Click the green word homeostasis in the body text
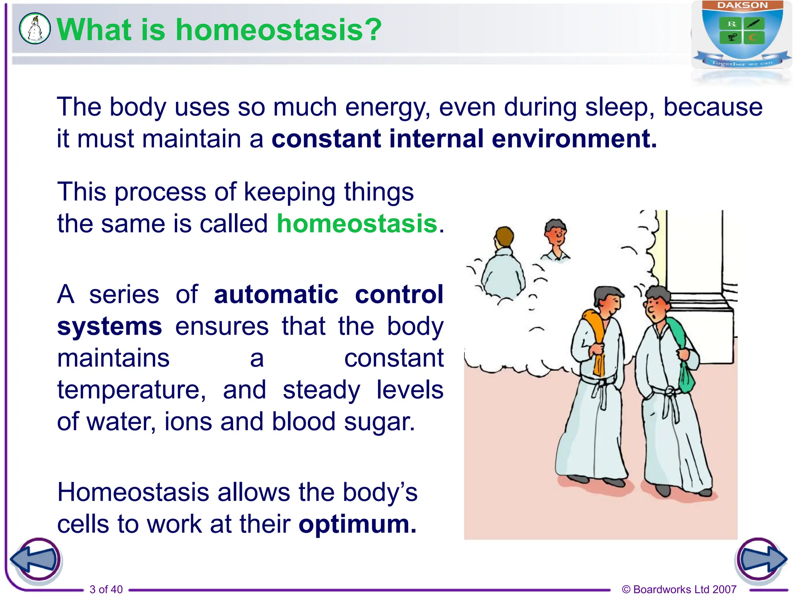coord(357,224)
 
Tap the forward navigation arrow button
coord(761,560)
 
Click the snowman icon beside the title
coord(35,28)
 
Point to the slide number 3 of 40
coord(106,589)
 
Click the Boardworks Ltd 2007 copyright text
coord(679,589)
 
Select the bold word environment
coord(574,139)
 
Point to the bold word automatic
coord(276,295)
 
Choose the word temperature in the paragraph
coord(131,390)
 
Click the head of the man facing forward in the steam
coord(556,233)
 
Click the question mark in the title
coord(373,30)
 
